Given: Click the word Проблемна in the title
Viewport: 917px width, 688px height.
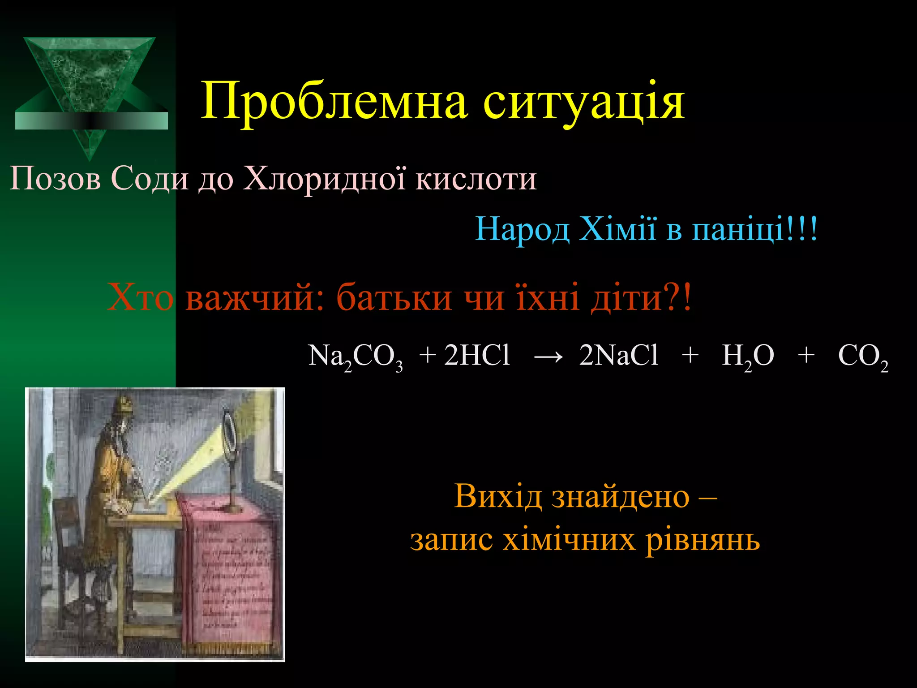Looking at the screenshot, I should [334, 102].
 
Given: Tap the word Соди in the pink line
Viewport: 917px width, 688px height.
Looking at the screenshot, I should [150, 179].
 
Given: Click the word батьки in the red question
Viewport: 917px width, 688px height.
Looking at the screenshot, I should [394, 298].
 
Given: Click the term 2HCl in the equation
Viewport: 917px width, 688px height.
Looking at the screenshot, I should [477, 356].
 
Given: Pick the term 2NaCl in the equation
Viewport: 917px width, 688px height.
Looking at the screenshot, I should [618, 356].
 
